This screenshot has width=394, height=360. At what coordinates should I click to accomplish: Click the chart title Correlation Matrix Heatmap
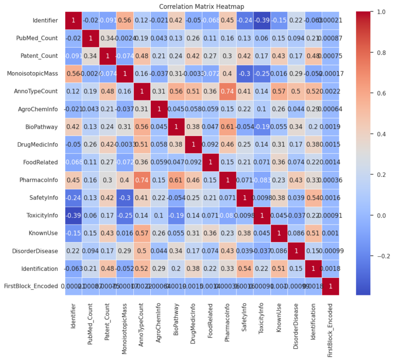197,6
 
